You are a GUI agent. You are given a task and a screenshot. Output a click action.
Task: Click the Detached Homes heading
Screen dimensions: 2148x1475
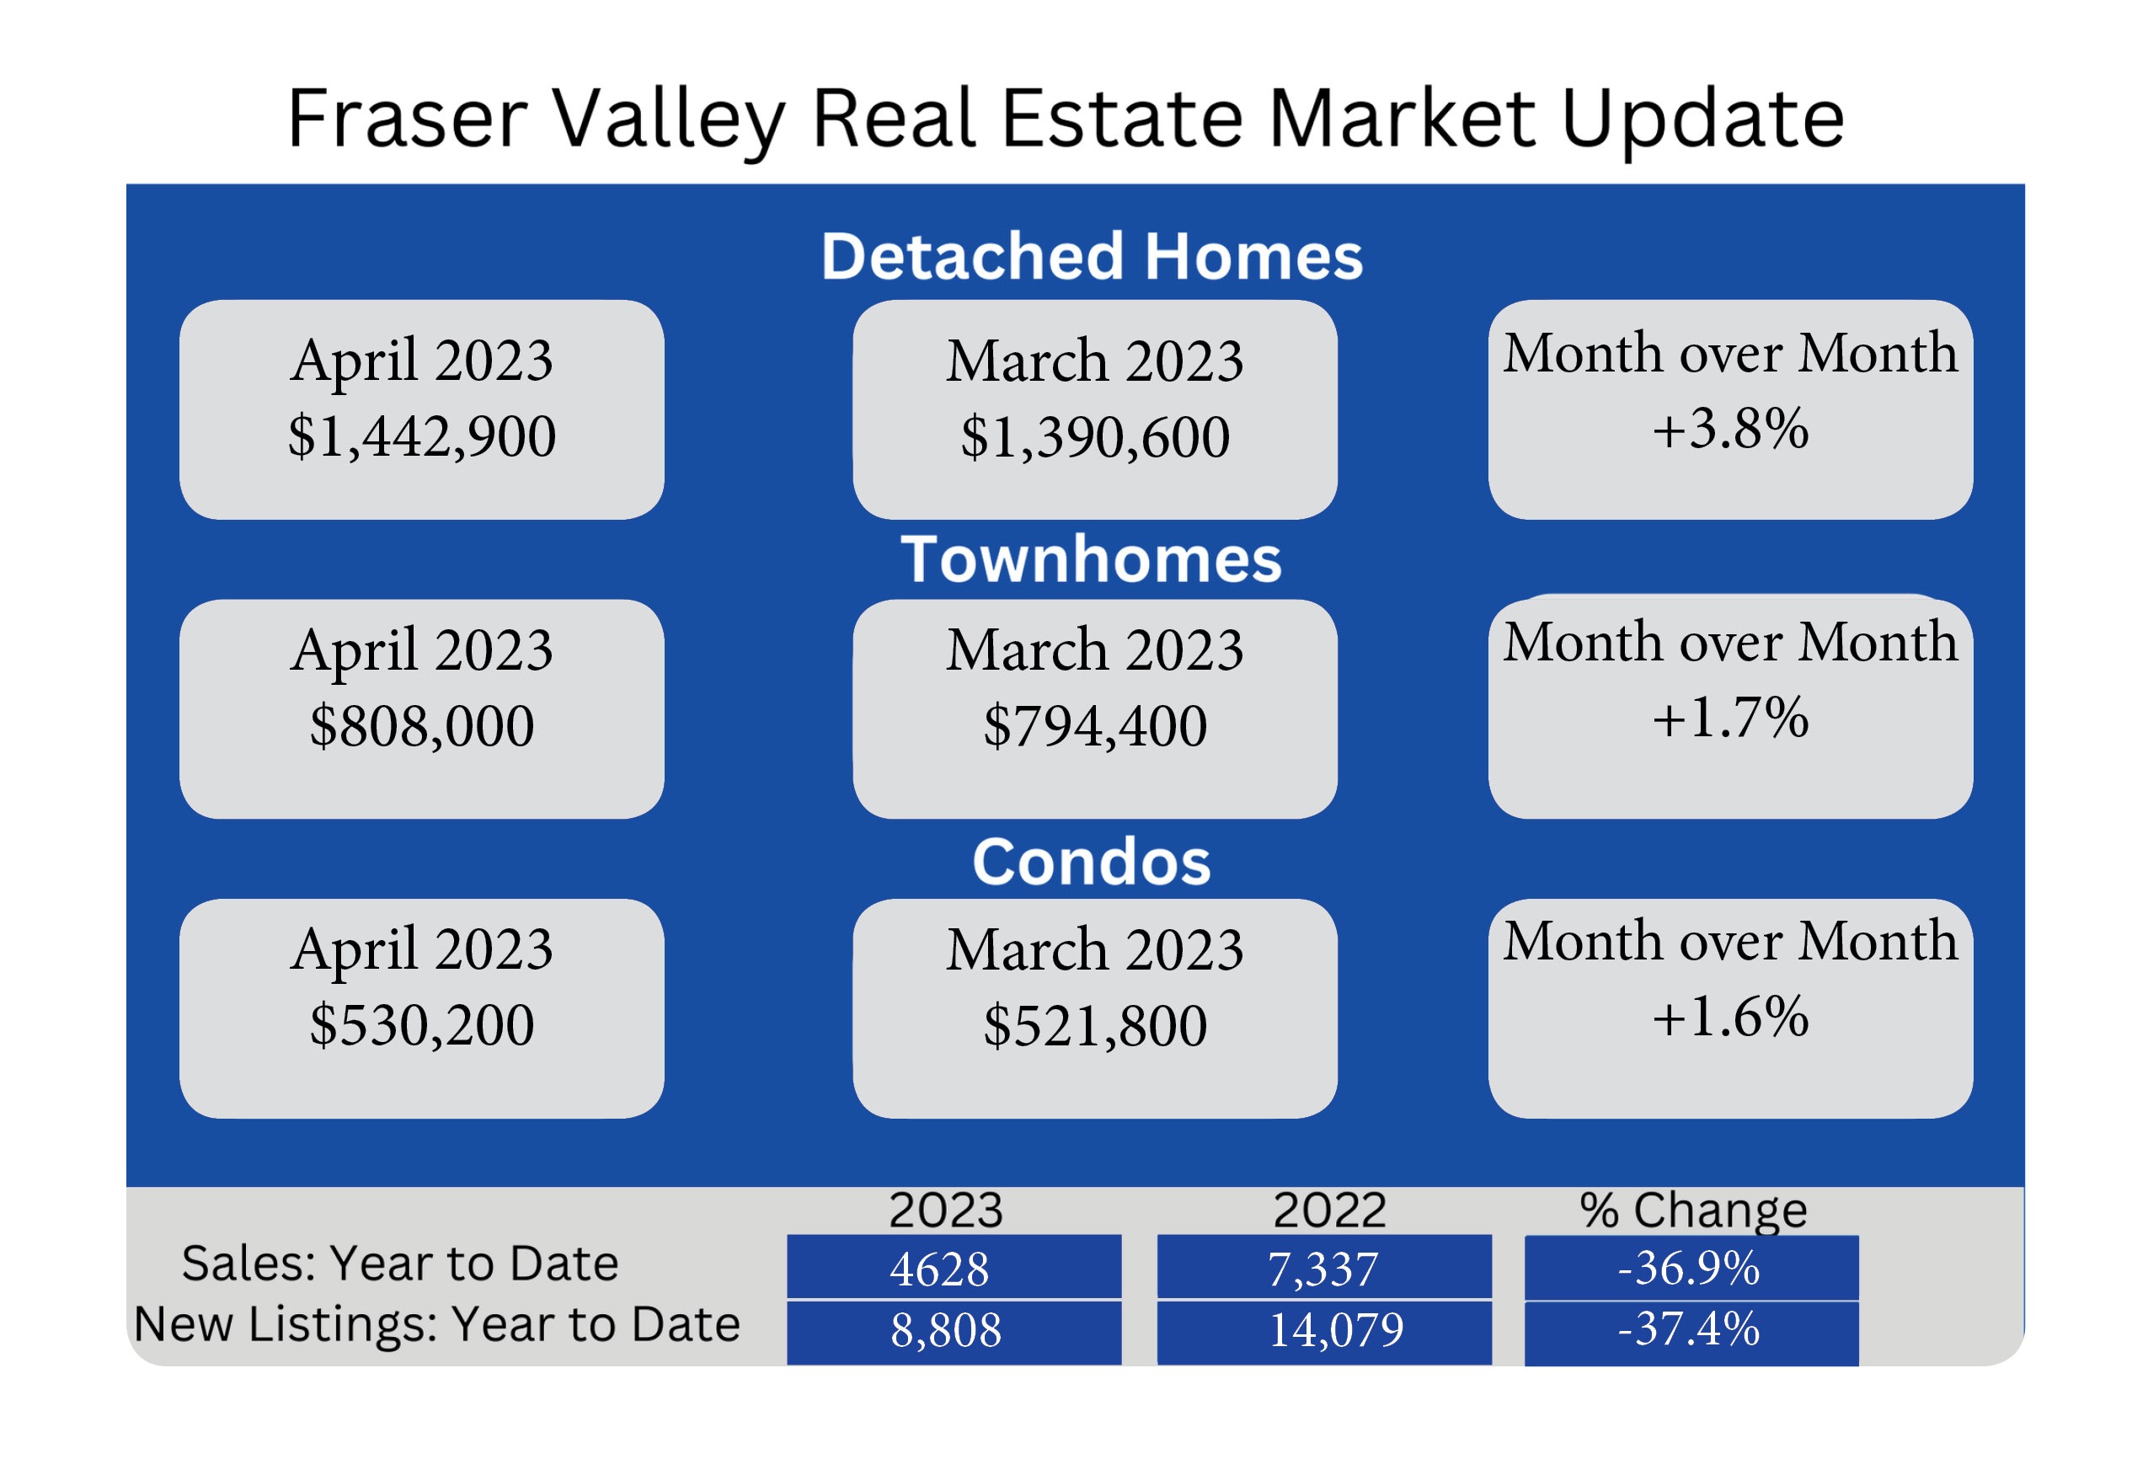[1092, 256]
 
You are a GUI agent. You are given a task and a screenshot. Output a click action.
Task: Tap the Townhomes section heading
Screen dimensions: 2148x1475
[1092, 559]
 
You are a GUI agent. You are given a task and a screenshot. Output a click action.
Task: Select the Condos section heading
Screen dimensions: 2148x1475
[1092, 862]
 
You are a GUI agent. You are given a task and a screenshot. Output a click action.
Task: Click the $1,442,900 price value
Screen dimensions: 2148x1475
[421, 436]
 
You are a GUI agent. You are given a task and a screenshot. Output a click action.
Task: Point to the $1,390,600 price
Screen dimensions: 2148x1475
[1095, 437]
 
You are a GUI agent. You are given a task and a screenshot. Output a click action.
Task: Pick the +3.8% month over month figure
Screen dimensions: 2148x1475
[1730, 429]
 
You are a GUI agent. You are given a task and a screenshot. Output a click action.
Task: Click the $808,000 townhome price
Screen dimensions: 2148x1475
[421, 725]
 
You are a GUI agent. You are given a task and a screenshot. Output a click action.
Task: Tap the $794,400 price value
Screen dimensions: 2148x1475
[1095, 725]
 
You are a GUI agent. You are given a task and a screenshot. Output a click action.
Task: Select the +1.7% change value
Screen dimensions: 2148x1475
[1730, 718]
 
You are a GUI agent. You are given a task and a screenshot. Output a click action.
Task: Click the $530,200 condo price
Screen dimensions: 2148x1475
[421, 1025]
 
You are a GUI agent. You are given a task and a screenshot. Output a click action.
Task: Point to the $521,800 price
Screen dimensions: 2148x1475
[1095, 1026]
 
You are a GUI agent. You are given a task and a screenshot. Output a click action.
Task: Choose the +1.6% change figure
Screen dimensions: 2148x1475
[1730, 1018]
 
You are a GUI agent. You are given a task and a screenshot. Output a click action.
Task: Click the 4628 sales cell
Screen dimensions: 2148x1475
[954, 1267]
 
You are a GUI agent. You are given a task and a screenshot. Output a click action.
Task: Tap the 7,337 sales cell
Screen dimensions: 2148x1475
[1323, 1267]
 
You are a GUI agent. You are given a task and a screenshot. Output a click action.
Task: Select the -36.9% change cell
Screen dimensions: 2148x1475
[1691, 1268]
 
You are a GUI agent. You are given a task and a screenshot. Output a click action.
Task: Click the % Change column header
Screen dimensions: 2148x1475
[1693, 1210]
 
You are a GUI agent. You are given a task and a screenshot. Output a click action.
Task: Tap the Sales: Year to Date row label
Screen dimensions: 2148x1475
[400, 1264]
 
